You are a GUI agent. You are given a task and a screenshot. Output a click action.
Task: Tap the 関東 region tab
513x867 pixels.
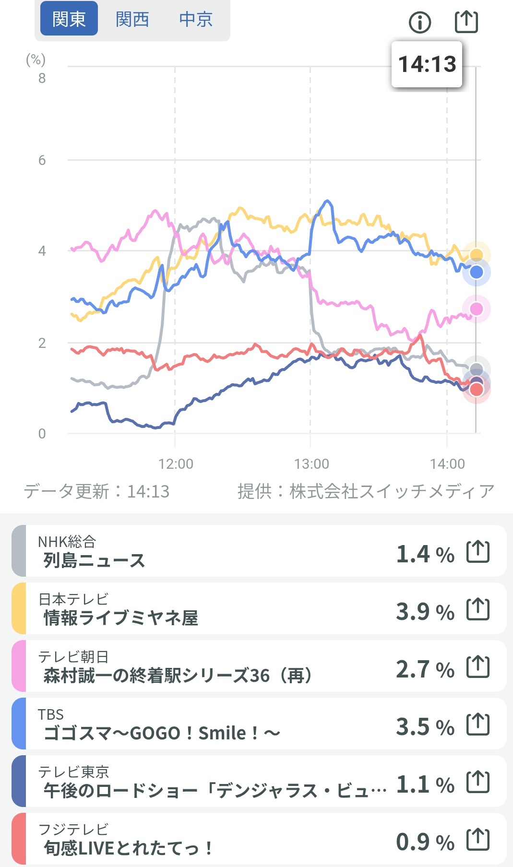point(69,19)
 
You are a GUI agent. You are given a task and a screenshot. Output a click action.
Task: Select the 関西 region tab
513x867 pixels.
point(132,19)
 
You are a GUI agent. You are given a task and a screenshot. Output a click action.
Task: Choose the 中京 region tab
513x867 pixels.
point(196,19)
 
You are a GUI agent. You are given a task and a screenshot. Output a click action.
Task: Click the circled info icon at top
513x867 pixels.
point(420,22)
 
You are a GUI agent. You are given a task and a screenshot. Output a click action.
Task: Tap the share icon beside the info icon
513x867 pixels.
point(466,22)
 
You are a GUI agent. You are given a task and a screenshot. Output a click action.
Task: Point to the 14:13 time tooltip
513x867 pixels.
point(427,64)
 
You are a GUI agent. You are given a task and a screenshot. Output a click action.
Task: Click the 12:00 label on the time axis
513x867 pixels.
point(176,463)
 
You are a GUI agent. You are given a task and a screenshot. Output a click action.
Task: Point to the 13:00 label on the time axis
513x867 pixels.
point(311,463)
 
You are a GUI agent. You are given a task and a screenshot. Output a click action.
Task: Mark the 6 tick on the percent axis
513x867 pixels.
point(42,160)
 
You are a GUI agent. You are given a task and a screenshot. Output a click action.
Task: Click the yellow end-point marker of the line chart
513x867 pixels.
point(476,255)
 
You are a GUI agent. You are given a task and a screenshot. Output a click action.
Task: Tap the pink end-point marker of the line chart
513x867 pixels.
point(476,309)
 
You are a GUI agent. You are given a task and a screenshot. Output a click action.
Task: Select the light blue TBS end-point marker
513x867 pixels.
point(476,272)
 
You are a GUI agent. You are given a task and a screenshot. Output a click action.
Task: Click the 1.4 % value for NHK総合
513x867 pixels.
point(425,554)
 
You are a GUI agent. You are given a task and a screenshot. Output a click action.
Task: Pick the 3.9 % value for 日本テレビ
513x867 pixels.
point(425,611)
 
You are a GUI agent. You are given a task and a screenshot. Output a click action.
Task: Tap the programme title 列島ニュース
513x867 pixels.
point(94,560)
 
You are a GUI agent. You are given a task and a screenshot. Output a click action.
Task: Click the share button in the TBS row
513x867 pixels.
point(478,724)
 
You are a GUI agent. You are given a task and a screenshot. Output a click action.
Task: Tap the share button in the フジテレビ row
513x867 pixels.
point(478,839)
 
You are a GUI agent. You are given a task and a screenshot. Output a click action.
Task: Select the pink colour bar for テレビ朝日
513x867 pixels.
point(19,666)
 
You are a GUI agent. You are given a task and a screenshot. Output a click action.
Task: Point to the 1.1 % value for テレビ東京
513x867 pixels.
point(425,784)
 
